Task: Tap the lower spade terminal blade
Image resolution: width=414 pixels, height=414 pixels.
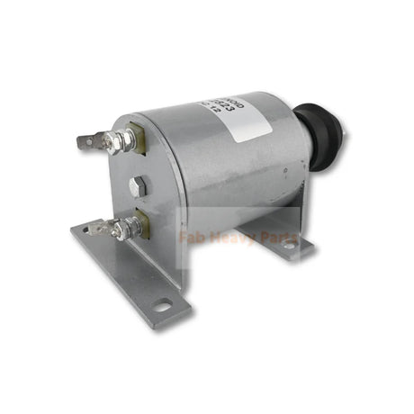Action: (102, 229)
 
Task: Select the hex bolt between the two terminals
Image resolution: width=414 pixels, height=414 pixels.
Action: (137, 187)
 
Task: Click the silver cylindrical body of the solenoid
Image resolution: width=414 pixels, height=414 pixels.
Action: (216, 171)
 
